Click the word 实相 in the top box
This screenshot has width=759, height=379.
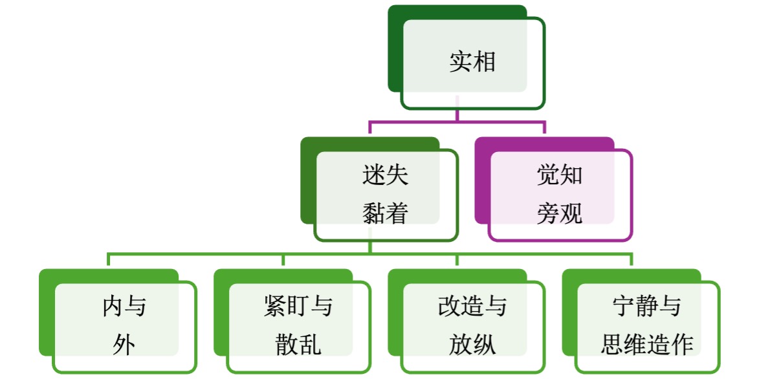click(472, 63)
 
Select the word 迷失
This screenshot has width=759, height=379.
click(386, 176)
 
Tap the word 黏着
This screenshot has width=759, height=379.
click(386, 213)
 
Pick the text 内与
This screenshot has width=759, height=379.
click(124, 307)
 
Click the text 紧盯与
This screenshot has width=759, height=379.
click(298, 307)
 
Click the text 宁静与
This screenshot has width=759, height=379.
click(646, 307)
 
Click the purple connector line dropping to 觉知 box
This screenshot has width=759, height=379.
click(545, 127)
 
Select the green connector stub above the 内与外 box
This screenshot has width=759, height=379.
click(109, 260)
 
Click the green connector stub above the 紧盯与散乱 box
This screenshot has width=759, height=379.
click(283, 260)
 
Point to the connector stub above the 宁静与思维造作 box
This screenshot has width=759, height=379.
click(632, 260)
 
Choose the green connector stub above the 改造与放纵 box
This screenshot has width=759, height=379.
click(457, 260)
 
